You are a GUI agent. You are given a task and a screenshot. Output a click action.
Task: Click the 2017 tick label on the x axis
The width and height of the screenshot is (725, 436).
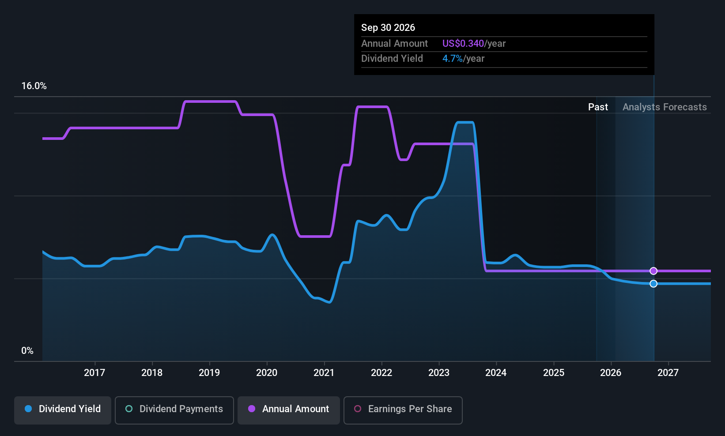[94, 372]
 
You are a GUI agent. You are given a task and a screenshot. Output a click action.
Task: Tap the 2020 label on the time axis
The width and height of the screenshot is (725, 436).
[267, 372]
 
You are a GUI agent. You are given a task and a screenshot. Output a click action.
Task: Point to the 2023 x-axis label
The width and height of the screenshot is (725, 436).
[439, 372]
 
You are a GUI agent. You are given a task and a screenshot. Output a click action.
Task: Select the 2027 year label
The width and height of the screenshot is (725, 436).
[668, 372]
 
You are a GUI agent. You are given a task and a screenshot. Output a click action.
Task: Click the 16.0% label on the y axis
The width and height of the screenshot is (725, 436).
[34, 86]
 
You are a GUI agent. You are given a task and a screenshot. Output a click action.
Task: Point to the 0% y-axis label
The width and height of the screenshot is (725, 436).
[27, 351]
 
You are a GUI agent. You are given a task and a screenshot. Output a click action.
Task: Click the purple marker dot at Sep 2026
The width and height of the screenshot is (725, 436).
[653, 271]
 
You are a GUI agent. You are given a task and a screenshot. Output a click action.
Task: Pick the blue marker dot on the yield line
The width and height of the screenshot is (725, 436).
[653, 284]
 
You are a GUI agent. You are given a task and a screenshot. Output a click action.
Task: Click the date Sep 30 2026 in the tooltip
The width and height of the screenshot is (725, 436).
[388, 27]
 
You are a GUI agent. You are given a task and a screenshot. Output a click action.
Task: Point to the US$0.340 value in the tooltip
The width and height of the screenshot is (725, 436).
[463, 43]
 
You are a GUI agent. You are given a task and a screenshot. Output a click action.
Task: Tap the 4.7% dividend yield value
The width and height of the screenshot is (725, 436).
[453, 59]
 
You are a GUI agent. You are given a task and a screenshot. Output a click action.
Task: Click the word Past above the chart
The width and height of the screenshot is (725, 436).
[598, 107]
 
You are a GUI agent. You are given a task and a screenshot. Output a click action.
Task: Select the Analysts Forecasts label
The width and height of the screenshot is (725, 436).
[665, 107]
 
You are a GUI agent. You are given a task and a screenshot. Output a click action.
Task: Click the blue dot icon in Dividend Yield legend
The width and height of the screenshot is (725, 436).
[29, 409]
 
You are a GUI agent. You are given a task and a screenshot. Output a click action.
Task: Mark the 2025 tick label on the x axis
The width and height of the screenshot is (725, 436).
[554, 372]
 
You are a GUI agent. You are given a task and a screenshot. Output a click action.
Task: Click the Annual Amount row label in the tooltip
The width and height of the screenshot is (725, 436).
[395, 43]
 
